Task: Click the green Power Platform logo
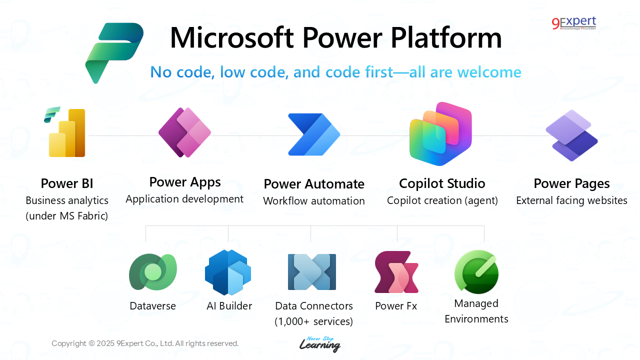[114, 52]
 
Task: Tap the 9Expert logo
[574, 23]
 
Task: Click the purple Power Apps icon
[184, 132]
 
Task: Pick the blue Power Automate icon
[314, 134]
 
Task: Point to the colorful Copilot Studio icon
[440, 133]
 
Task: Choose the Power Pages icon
[571, 135]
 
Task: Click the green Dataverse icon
[152, 272]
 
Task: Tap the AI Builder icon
[228, 272]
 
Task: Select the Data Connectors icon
[312, 272]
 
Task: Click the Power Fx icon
[396, 272]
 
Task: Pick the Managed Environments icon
[476, 272]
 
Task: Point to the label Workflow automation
[314, 201]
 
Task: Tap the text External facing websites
[571, 200]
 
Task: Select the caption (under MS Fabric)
[67, 216]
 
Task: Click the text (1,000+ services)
[314, 321]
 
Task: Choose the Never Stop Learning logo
[320, 344]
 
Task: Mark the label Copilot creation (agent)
[442, 200]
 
